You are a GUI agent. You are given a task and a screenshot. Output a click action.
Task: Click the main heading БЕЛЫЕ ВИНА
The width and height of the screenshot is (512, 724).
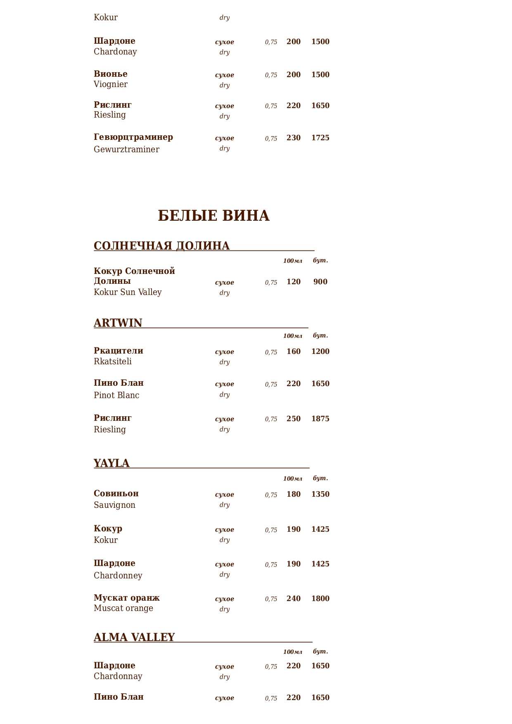213,216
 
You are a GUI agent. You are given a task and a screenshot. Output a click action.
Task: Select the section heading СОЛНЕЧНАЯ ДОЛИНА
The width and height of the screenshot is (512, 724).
161,246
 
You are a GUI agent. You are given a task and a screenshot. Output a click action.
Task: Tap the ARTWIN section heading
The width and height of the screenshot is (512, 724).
118,323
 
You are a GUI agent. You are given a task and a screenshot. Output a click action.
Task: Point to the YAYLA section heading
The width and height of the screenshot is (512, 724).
111,463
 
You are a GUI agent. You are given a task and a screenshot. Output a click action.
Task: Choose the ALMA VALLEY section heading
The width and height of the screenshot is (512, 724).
134,637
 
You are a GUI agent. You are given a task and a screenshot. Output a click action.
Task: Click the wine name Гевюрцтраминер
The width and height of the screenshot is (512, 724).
133,137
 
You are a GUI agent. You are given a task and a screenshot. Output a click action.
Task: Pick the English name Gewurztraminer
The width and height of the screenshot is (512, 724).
126,149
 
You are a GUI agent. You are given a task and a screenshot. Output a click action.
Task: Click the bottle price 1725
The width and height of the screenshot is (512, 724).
320,138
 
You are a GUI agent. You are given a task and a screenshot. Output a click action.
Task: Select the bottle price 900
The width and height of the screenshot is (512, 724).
320,282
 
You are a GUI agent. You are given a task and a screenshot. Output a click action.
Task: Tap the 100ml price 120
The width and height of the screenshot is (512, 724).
294,282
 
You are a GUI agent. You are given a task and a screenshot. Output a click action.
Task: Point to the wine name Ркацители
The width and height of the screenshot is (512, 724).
119,351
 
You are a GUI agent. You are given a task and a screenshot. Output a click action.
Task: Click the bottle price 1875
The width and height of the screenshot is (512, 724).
320,419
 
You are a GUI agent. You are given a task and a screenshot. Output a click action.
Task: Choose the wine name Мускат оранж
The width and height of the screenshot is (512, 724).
127,598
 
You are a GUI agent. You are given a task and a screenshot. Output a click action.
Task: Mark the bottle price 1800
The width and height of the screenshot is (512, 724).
320,599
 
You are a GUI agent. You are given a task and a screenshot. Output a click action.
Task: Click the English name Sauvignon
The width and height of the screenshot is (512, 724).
114,505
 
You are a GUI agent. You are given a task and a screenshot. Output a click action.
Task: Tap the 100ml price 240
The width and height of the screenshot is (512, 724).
294,599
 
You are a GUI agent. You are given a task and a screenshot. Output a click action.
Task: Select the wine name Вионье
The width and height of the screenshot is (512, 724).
111,74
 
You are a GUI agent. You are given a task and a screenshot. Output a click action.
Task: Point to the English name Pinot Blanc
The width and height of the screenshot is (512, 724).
116,395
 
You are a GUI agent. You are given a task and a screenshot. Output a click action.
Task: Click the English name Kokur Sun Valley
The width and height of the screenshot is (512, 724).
128,292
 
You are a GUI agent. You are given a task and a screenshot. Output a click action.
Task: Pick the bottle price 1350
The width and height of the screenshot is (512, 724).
320,494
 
